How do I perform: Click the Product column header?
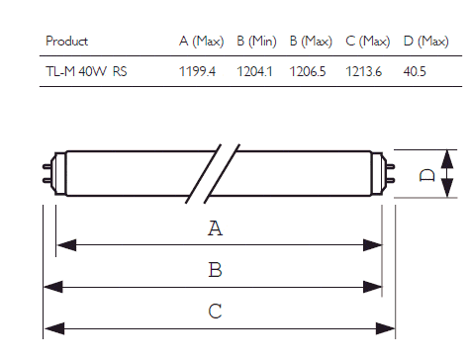(67, 42)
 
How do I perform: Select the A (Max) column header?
(202, 42)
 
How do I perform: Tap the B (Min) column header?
(256, 42)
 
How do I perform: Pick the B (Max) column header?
(311, 42)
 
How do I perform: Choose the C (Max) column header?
(368, 42)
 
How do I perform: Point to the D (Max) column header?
(426, 42)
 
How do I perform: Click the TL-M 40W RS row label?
(86, 71)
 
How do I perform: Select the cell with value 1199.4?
(197, 71)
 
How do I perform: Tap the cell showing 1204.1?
(254, 71)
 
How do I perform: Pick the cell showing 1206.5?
(308, 71)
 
